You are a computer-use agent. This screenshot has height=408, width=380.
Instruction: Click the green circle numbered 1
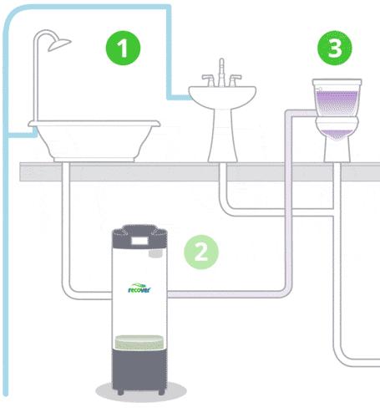[124, 48]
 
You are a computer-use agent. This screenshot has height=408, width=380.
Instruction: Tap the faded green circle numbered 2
[201, 252]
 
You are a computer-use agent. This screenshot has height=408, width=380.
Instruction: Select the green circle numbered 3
[335, 48]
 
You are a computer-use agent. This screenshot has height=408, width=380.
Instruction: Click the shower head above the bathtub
[59, 44]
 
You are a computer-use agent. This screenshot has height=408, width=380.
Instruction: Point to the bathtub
[94, 140]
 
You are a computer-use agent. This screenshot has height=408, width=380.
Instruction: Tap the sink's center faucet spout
[221, 72]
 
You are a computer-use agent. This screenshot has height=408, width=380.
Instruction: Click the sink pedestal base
[223, 135]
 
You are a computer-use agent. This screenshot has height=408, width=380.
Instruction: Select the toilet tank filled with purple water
[337, 98]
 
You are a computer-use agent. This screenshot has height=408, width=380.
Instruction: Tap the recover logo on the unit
[139, 288]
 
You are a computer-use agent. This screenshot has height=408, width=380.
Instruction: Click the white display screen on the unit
[139, 241]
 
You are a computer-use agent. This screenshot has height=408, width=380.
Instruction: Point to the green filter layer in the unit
[139, 342]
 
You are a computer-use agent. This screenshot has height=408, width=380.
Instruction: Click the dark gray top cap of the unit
[139, 237]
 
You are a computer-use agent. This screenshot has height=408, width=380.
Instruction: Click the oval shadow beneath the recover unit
[141, 391]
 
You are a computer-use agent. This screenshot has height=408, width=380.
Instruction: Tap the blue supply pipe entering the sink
[179, 97]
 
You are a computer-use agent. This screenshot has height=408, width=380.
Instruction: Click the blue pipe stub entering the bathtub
[23, 135]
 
